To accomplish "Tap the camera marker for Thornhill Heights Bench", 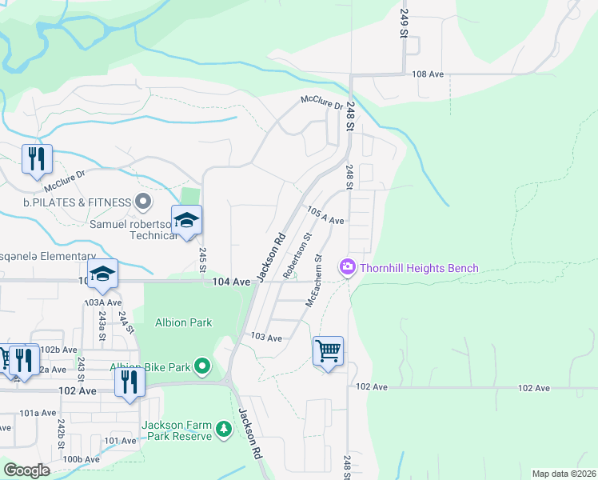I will (x=348, y=268).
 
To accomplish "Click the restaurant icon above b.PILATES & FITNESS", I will (x=37, y=160).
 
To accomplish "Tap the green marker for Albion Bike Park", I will (x=203, y=367).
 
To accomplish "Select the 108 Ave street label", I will (x=428, y=74).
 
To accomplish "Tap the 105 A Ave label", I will (x=325, y=215).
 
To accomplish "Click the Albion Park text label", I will (x=183, y=322).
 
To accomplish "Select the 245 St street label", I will (x=203, y=261).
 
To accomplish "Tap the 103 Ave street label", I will (x=266, y=338).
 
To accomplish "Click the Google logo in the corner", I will (x=27, y=470).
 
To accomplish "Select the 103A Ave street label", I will (x=104, y=303).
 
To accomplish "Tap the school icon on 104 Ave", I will (x=102, y=274).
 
